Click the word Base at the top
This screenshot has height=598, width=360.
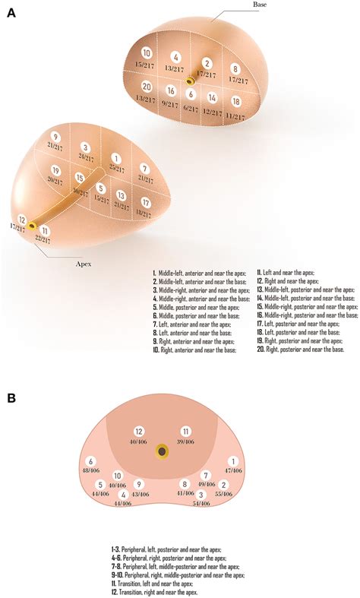coord(261,5)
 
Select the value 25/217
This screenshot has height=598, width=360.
coord(115,166)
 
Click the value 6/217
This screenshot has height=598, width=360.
coord(191,108)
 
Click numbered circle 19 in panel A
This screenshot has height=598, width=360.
coord(55,169)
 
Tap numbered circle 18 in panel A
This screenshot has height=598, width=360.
coord(235,101)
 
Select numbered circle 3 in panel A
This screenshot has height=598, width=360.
coord(86,147)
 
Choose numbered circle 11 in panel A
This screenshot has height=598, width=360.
coord(46,230)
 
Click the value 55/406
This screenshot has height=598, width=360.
coord(223,495)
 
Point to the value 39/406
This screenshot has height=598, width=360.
coord(185,441)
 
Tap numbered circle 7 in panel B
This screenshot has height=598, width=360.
coord(205,475)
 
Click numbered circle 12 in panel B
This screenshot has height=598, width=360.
coord(138,431)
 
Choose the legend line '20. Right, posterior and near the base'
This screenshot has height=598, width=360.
coord(302,350)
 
